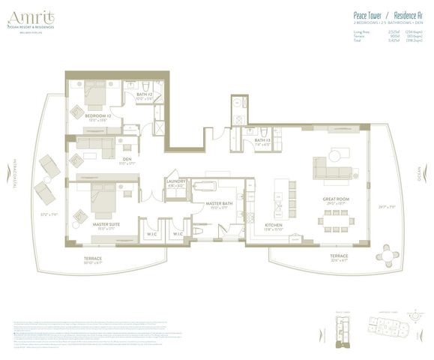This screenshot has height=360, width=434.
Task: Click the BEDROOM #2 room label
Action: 98,116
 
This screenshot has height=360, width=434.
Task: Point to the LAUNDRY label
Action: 176,181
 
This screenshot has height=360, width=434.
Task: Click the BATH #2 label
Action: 144,94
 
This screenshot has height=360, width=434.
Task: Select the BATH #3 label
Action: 262,140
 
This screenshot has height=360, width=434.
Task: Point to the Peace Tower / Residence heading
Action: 381,15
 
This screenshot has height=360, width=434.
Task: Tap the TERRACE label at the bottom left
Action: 93,259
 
